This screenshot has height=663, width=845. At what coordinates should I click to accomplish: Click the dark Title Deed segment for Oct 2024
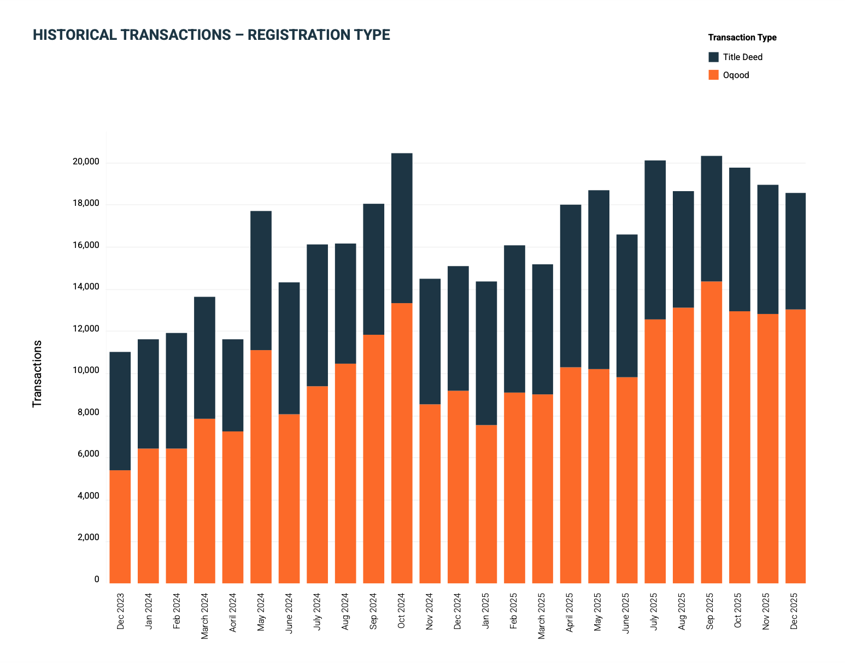coord(402,228)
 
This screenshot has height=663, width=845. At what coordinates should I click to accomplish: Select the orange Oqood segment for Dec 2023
coord(120,526)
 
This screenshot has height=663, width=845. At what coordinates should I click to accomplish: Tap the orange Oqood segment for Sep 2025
coord(711,432)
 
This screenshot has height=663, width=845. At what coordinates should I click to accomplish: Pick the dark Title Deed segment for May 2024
coord(261,280)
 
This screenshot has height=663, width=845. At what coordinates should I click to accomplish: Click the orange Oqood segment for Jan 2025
coord(486,504)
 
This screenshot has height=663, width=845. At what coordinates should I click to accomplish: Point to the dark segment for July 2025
coord(655,240)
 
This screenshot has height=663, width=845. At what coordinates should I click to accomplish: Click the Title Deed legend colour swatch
coord(713,57)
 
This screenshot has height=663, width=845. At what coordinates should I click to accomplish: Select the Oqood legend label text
coord(736,75)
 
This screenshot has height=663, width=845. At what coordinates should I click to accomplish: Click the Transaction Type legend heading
coord(742,38)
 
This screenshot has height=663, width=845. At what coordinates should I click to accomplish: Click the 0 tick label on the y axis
coord(97,579)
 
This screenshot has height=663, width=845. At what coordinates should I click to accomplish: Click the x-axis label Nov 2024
coord(430,611)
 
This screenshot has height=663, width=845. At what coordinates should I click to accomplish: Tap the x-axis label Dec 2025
coord(795,611)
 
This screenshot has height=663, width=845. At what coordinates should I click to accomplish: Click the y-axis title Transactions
coord(37,374)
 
